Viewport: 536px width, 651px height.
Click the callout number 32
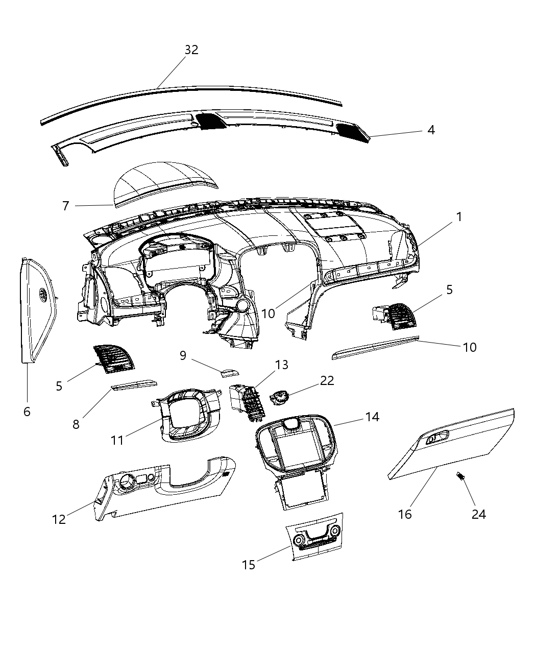coord(191,50)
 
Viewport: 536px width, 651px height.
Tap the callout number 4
coord(431,130)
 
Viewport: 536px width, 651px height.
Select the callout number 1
coord(459,217)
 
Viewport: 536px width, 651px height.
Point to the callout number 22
coord(327,380)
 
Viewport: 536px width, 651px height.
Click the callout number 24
coord(478,514)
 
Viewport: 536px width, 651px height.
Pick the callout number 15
coord(249,565)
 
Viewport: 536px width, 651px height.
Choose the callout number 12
coord(59,519)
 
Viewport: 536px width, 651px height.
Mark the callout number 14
coord(372,417)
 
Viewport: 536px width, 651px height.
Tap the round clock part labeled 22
coord(280,397)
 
